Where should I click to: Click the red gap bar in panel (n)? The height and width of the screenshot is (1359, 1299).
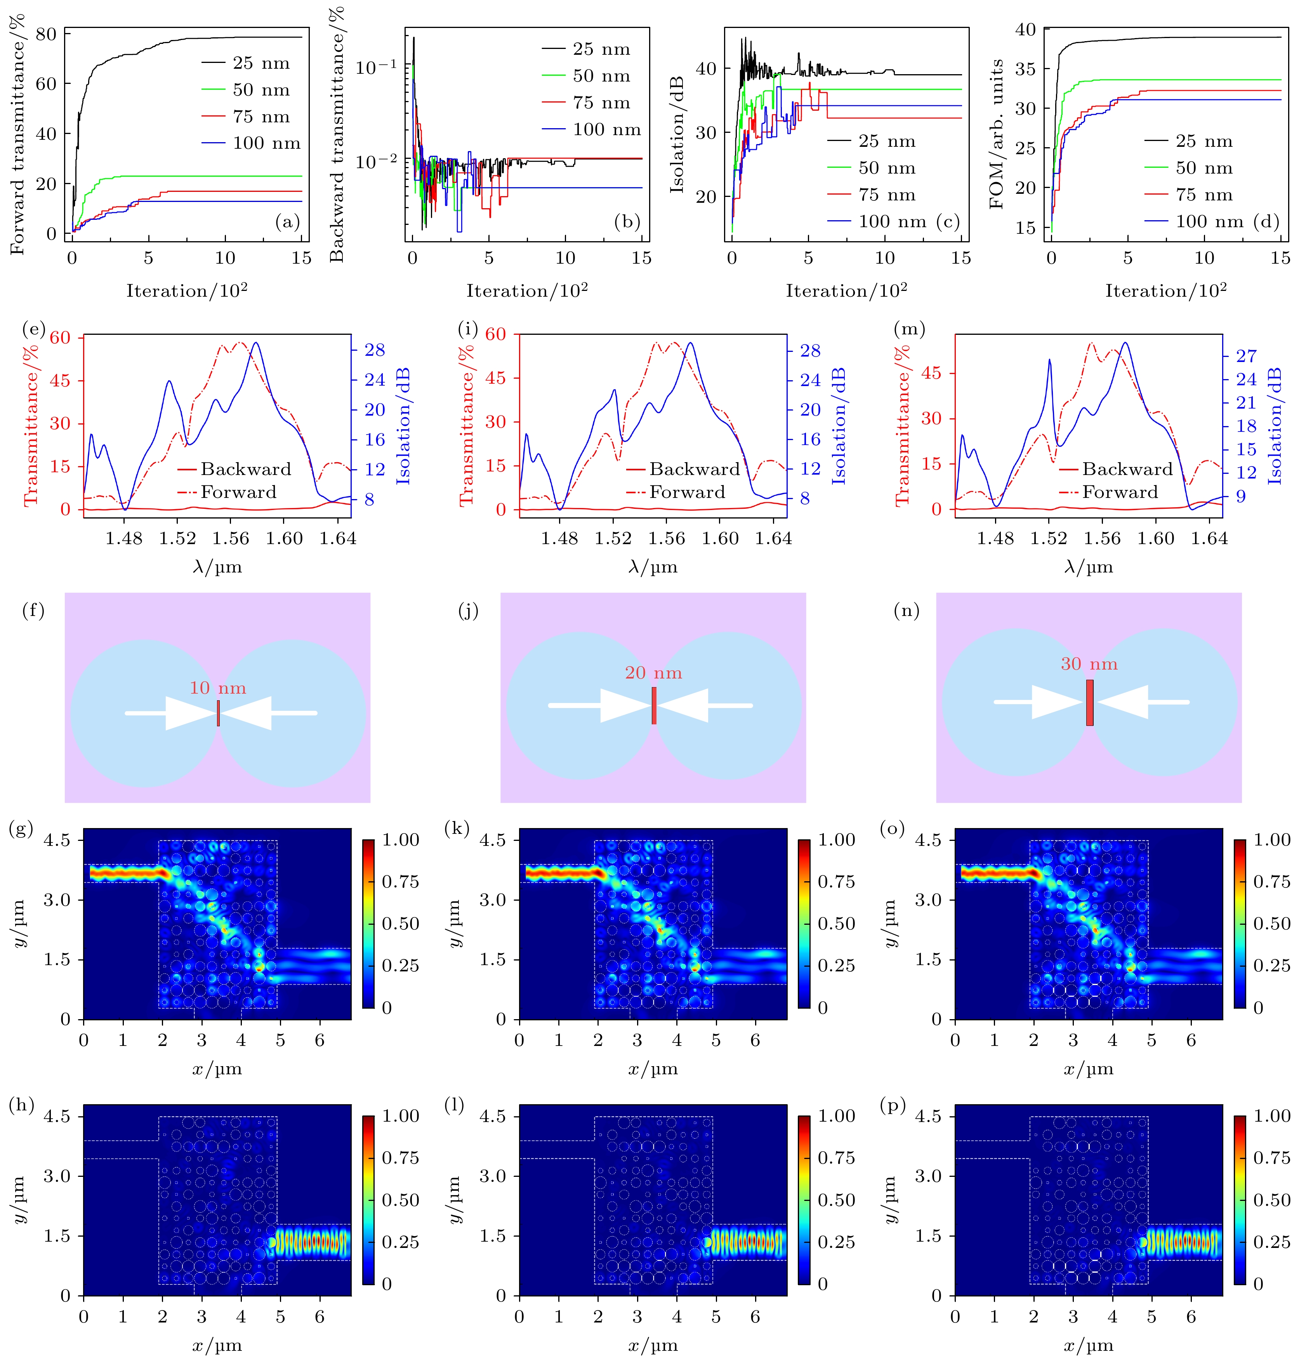click(1089, 702)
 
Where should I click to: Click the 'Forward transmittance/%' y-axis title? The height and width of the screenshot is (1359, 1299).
click(17, 134)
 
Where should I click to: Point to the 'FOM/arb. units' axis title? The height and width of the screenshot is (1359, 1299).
click(997, 134)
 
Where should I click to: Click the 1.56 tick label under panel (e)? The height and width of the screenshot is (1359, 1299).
click(231, 538)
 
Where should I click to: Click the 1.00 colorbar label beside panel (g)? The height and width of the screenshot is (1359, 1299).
click(401, 839)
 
